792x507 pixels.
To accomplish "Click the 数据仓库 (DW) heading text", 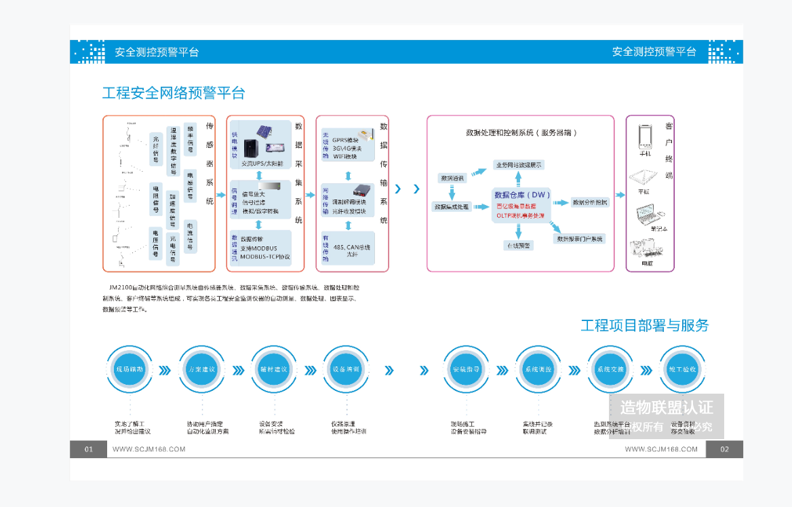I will coord(522,194).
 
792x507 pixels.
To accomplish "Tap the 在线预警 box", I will coord(519,245).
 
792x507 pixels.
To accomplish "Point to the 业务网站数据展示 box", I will coord(519,164).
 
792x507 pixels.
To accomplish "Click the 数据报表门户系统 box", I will coord(580,239).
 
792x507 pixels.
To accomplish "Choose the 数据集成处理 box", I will coord(452,206).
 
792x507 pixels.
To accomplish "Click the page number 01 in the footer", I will coord(89,449).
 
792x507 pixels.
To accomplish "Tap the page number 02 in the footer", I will coord(724,449).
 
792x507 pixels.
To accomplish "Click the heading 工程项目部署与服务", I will coord(644,326).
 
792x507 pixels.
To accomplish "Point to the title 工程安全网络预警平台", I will coord(174,93).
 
